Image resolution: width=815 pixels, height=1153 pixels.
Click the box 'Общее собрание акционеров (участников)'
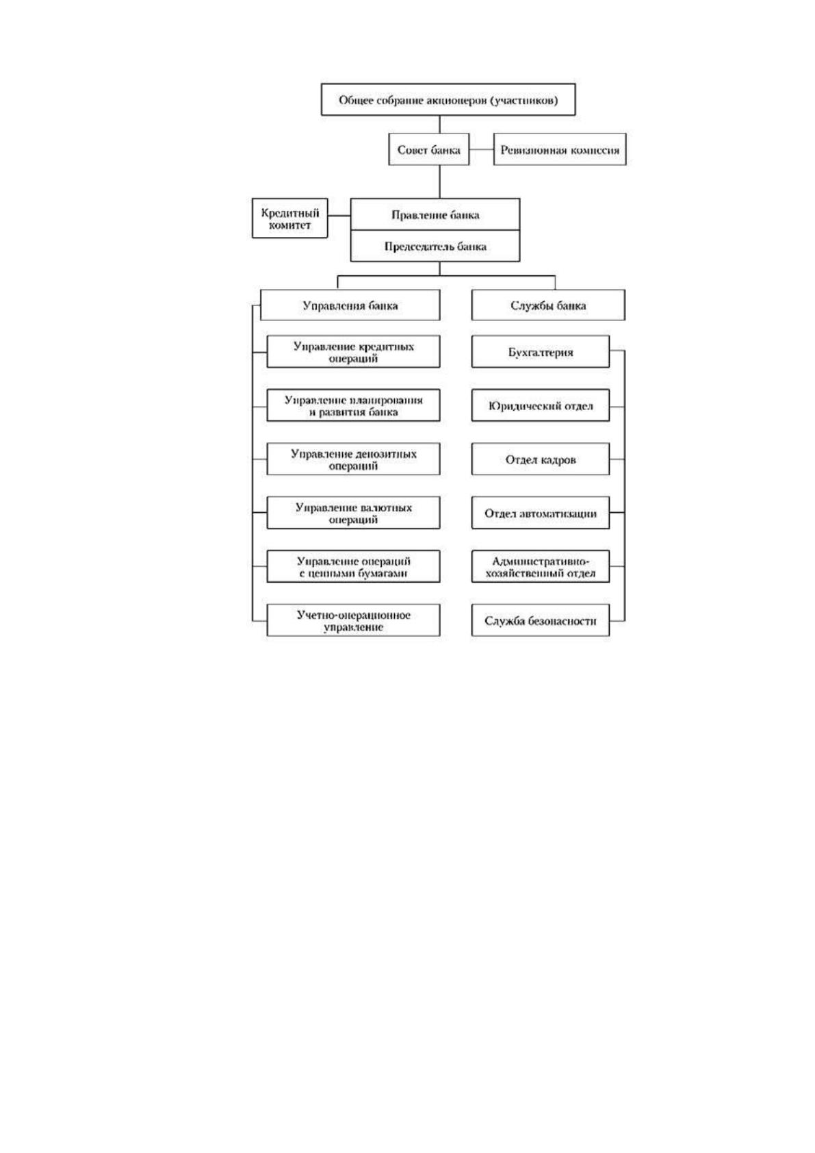(448, 99)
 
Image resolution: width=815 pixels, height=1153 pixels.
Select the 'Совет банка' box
(428, 149)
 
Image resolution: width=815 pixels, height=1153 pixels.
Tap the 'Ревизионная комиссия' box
(560, 149)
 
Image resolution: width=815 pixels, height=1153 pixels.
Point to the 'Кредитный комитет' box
(289, 218)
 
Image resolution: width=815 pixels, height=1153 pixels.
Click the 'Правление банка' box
(435, 214)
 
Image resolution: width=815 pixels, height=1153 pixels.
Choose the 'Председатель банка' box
(435, 246)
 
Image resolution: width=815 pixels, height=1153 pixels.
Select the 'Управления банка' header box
(350, 305)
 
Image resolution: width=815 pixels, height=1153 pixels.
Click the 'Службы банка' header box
(549, 305)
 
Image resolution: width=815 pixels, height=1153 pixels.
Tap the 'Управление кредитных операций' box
(354, 351)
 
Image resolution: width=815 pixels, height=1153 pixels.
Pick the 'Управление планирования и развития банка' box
(354, 405)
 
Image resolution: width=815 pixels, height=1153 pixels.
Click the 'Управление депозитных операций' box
(354, 459)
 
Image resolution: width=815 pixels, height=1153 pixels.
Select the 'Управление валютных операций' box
(354, 513)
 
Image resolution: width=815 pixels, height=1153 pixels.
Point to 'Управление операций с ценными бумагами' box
(354, 566)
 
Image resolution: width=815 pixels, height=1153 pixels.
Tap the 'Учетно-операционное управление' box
(354, 620)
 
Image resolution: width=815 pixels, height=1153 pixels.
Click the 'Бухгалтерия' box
(540, 351)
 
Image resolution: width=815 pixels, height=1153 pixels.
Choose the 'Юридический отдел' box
(540, 405)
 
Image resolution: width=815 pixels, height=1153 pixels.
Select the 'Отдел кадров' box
(540, 459)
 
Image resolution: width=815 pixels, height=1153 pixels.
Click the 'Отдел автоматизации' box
(540, 513)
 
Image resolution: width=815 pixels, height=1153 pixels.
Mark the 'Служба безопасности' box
(540, 620)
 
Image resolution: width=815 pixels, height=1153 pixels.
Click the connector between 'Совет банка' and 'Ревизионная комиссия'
(482, 149)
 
